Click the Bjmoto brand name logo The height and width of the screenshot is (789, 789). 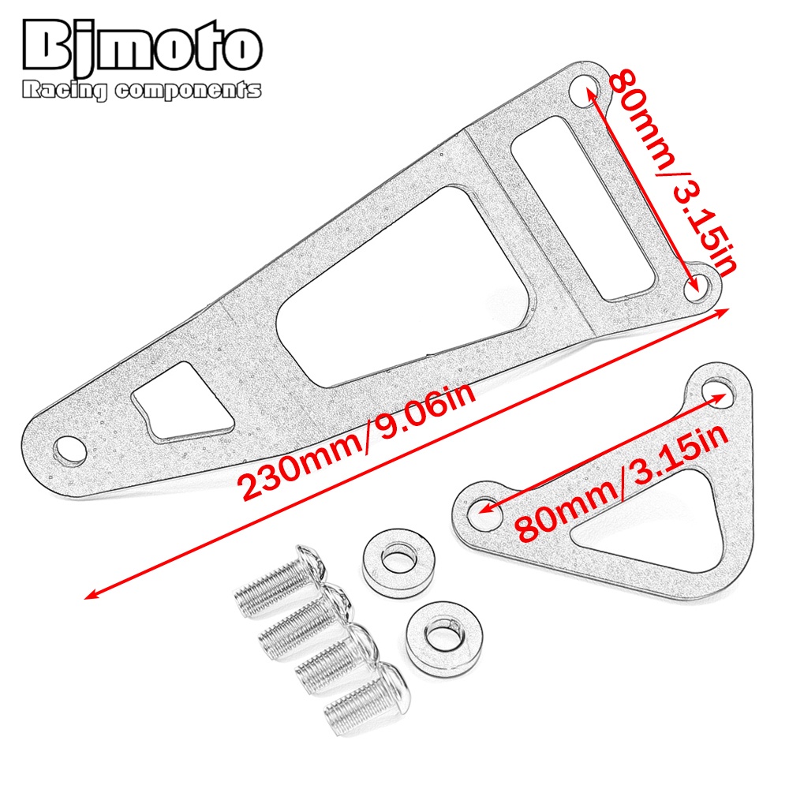[142, 48]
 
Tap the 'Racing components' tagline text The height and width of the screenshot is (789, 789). [142, 90]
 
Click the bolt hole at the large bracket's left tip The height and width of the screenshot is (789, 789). [69, 449]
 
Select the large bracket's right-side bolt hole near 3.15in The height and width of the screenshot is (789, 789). [698, 287]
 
